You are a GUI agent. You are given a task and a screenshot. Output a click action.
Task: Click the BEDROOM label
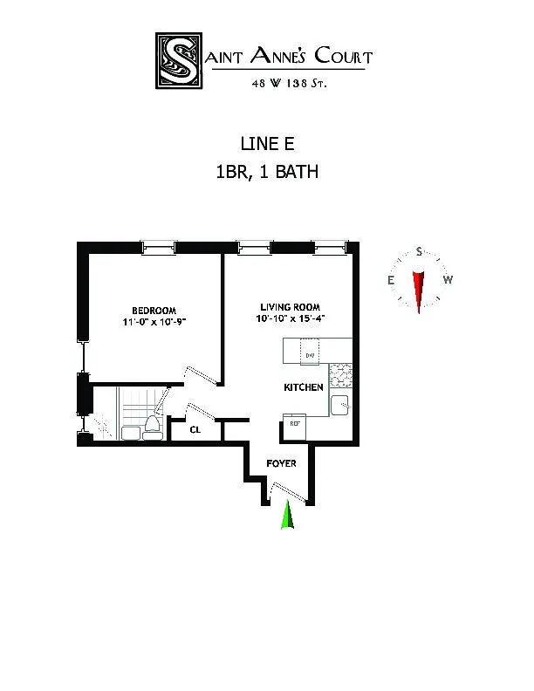(x=154, y=311)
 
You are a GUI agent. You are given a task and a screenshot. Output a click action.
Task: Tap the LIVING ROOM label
(x=290, y=306)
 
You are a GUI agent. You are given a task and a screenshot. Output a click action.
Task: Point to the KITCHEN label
(x=304, y=387)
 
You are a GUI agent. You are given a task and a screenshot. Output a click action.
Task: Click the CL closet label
(x=196, y=429)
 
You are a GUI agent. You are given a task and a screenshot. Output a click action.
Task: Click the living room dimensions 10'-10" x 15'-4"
(x=290, y=318)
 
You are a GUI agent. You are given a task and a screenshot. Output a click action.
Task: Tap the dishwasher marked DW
(x=310, y=354)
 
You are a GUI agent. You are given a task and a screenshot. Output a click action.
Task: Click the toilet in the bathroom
(x=152, y=426)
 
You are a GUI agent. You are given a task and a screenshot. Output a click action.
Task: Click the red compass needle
(x=420, y=290)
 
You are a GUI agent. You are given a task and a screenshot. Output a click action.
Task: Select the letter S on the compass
(x=420, y=252)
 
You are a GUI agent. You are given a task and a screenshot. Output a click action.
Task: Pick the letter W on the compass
(x=448, y=280)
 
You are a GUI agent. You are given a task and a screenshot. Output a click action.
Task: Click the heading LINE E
(x=266, y=142)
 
